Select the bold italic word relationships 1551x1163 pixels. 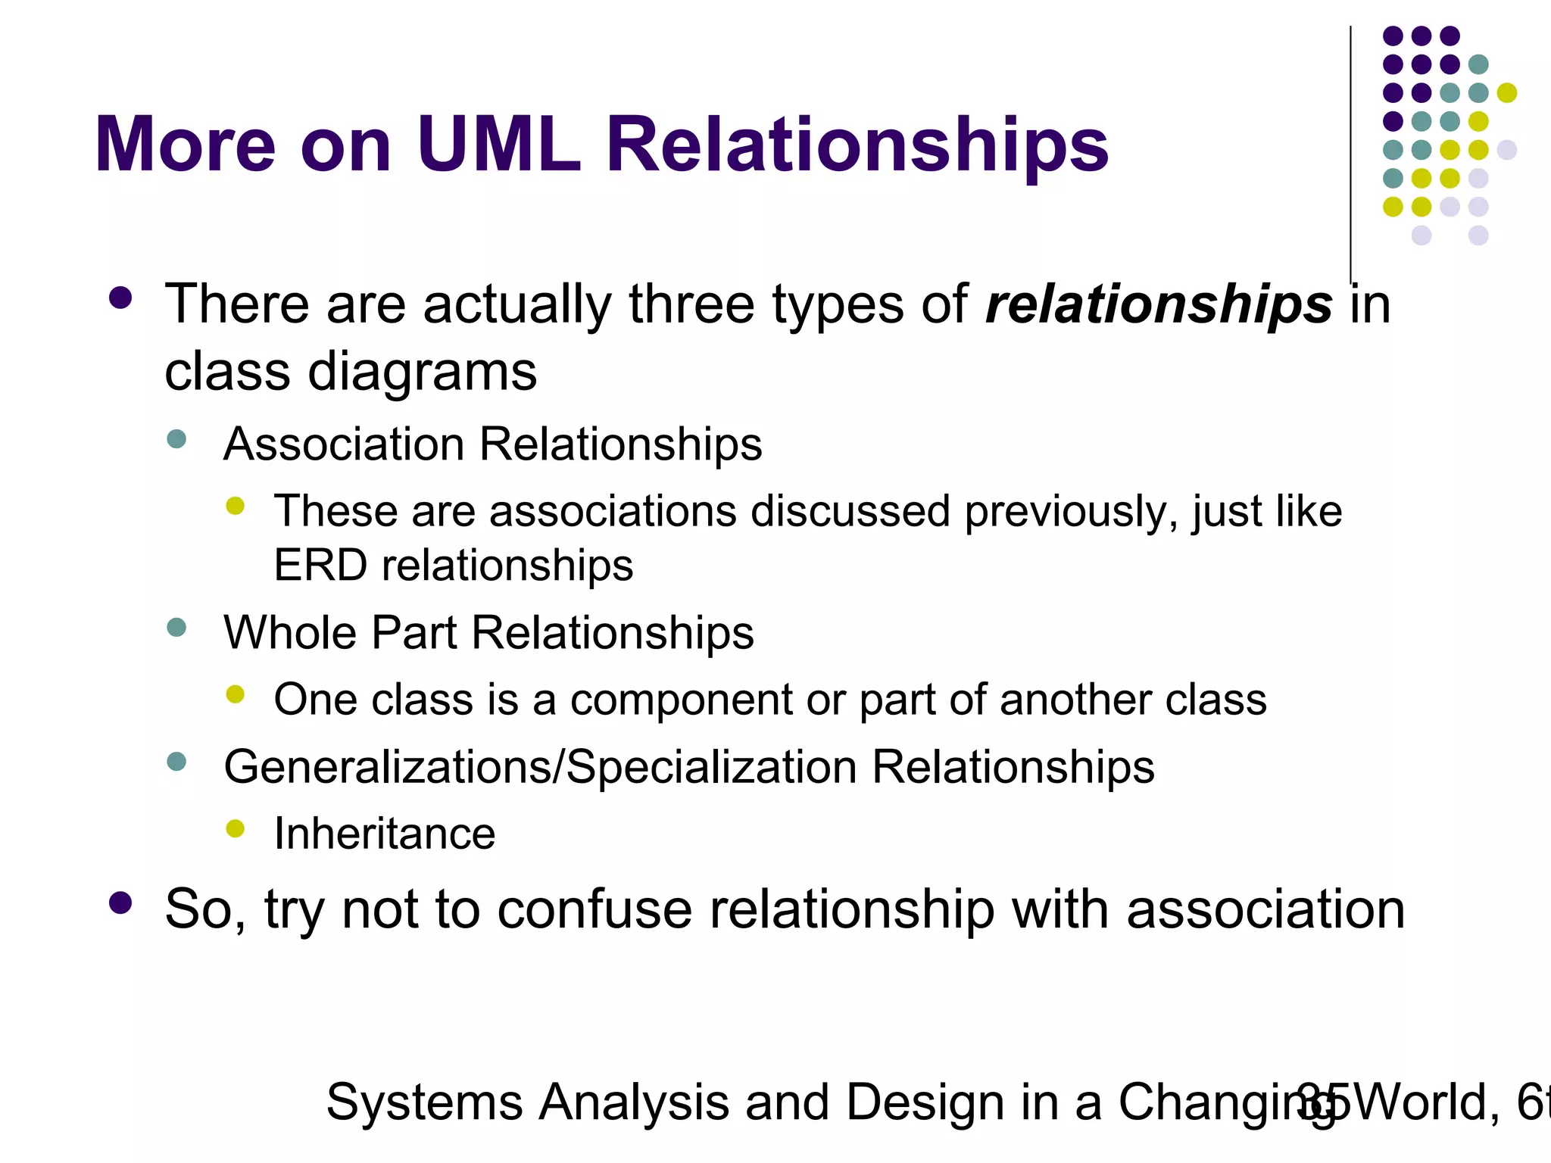click(x=1159, y=305)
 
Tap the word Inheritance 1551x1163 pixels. click(x=385, y=834)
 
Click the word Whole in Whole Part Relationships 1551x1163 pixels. click(x=289, y=632)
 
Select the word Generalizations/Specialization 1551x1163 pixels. click(x=539, y=767)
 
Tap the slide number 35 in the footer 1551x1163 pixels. click(x=1322, y=1102)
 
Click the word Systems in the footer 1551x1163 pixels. click(x=424, y=1102)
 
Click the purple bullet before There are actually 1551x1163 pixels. click(x=120, y=298)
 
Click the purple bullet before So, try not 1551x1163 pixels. click(x=120, y=903)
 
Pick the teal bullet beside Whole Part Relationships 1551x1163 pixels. click(x=176, y=628)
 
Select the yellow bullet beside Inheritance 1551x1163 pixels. click(x=236, y=828)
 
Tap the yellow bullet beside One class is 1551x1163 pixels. click(x=236, y=694)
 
